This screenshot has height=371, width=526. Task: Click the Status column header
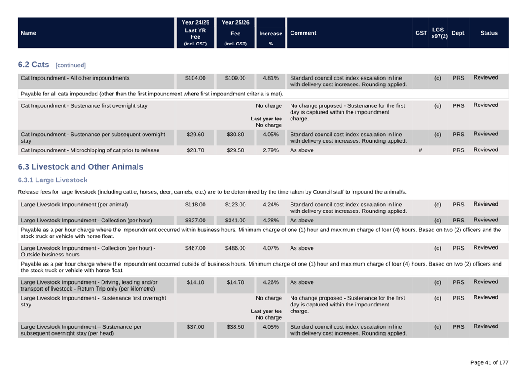click(x=489, y=33)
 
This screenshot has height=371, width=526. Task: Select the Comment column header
click(x=303, y=33)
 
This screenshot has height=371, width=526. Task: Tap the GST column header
click(x=421, y=33)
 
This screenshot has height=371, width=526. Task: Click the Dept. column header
click(x=458, y=33)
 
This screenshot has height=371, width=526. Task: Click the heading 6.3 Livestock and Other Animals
click(x=81, y=167)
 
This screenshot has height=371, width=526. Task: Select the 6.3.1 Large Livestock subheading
click(x=52, y=180)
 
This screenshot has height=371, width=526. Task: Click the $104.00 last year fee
click(x=195, y=78)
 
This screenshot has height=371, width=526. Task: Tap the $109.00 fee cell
click(x=235, y=78)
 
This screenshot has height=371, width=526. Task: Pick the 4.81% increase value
click(x=271, y=78)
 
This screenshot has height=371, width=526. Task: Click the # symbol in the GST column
click(x=420, y=150)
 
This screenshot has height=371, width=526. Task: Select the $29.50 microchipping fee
click(x=235, y=150)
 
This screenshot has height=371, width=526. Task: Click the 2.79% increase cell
click(x=271, y=150)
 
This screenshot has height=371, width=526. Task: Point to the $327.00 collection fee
click(x=195, y=221)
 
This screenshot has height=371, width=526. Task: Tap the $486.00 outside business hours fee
click(x=235, y=248)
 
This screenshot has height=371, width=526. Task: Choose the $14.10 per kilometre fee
click(x=195, y=282)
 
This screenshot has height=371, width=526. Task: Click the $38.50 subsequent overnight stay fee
click(x=235, y=327)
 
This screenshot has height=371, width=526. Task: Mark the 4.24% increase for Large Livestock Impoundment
click(x=271, y=205)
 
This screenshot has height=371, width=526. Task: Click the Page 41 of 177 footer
click(x=489, y=362)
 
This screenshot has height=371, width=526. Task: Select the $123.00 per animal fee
click(x=235, y=205)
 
